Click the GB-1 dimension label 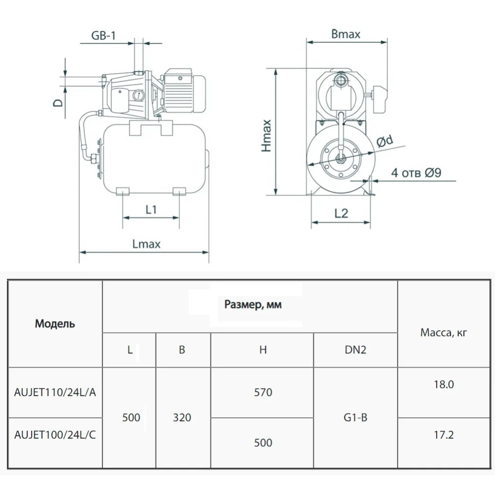(103, 35)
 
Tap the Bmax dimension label (346, 34)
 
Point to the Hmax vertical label (266, 136)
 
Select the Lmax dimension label (147, 244)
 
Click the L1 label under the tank (151, 209)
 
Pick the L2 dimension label (341, 214)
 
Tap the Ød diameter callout (385, 141)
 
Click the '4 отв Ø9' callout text (416, 173)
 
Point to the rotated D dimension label (58, 103)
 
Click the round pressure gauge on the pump (139, 95)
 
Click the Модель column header (55, 324)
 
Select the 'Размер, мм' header (253, 304)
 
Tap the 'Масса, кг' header (444, 333)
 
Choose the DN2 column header (355, 350)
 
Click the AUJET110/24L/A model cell (55, 393)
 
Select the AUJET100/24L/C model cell (55, 435)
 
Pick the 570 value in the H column (263, 393)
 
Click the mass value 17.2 (444, 435)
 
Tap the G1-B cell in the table (355, 418)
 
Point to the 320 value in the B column (182, 418)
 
